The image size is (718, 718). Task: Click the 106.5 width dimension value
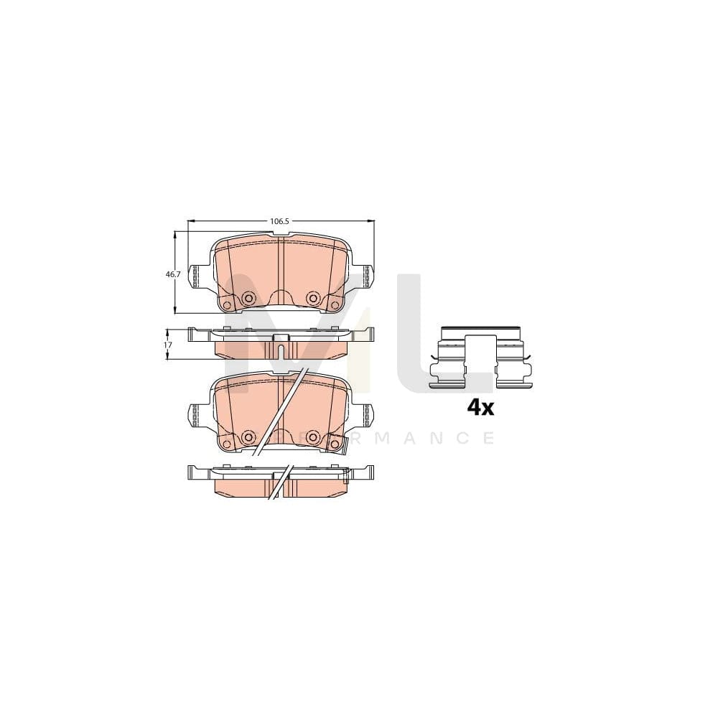coord(279,222)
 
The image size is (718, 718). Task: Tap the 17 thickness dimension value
coord(168,345)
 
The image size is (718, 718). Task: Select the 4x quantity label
coord(480,408)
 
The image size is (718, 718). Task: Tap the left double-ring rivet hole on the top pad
coord(249,298)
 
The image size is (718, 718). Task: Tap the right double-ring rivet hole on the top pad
coord(312,298)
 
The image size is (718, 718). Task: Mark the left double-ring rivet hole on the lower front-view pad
coord(249,436)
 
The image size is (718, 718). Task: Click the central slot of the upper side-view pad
coord(281,350)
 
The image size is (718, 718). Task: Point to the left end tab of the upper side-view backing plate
coord(192,333)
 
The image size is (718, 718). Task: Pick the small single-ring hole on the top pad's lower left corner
coord(228,305)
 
